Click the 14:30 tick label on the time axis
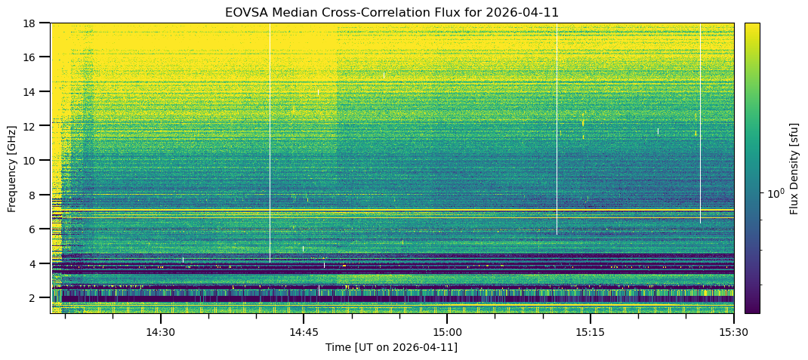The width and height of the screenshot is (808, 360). tap(160, 332)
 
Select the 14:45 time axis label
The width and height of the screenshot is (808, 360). tap(303, 332)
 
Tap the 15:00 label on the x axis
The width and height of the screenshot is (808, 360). tap(446, 332)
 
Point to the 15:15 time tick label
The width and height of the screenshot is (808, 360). tap(590, 332)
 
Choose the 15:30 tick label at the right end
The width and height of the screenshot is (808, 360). tap(732, 332)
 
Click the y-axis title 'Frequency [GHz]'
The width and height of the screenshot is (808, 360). tap(12, 168)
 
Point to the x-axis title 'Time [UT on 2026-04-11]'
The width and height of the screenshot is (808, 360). tap(391, 347)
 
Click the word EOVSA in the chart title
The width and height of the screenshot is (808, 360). tap(243, 13)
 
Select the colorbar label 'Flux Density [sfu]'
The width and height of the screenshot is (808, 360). tap(794, 168)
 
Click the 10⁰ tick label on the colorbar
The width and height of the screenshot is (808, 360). tap(775, 194)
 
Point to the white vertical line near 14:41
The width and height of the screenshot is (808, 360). tap(270, 151)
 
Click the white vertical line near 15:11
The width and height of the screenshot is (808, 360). tap(557, 136)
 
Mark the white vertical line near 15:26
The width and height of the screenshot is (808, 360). tap(700, 128)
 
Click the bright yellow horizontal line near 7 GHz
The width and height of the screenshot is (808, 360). tap(393, 211)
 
